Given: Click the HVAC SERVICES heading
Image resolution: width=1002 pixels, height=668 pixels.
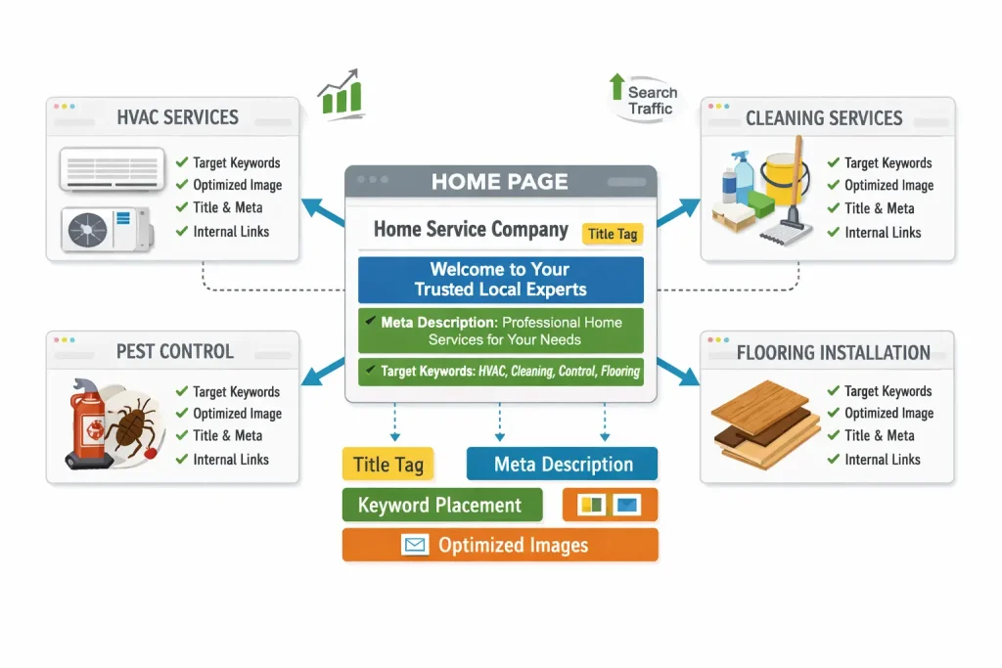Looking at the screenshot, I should point(177,117).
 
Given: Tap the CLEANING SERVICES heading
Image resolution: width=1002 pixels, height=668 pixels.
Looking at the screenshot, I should point(824,118).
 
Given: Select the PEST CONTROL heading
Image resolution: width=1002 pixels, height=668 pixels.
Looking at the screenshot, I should point(174,351).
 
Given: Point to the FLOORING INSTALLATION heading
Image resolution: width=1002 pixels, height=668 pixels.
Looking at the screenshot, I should point(833,352).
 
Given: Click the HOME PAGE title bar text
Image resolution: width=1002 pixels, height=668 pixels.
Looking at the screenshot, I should point(499,181).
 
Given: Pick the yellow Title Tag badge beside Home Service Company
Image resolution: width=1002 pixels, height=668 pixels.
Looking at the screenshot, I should point(613,234).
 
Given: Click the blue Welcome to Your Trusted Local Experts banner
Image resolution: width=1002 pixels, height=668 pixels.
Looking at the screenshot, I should point(500,279).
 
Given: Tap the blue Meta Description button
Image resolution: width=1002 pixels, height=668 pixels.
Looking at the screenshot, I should point(563,465).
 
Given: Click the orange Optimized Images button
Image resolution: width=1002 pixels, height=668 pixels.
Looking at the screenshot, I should point(500,545).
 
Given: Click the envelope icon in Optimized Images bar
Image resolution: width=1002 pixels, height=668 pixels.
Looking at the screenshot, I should point(415,546).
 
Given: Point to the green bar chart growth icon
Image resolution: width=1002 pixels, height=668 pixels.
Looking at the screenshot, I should point(341,94).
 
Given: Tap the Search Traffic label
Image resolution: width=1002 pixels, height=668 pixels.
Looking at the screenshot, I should point(650,101).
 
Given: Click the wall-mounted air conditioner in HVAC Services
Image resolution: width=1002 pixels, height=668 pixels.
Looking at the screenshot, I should point(112,167).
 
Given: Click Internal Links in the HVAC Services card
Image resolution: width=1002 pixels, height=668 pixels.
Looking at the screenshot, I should point(230,232).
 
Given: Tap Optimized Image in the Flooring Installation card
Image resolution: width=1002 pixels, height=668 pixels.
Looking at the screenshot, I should point(888,413).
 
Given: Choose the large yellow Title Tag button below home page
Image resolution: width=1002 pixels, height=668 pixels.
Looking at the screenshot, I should point(388,465).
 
